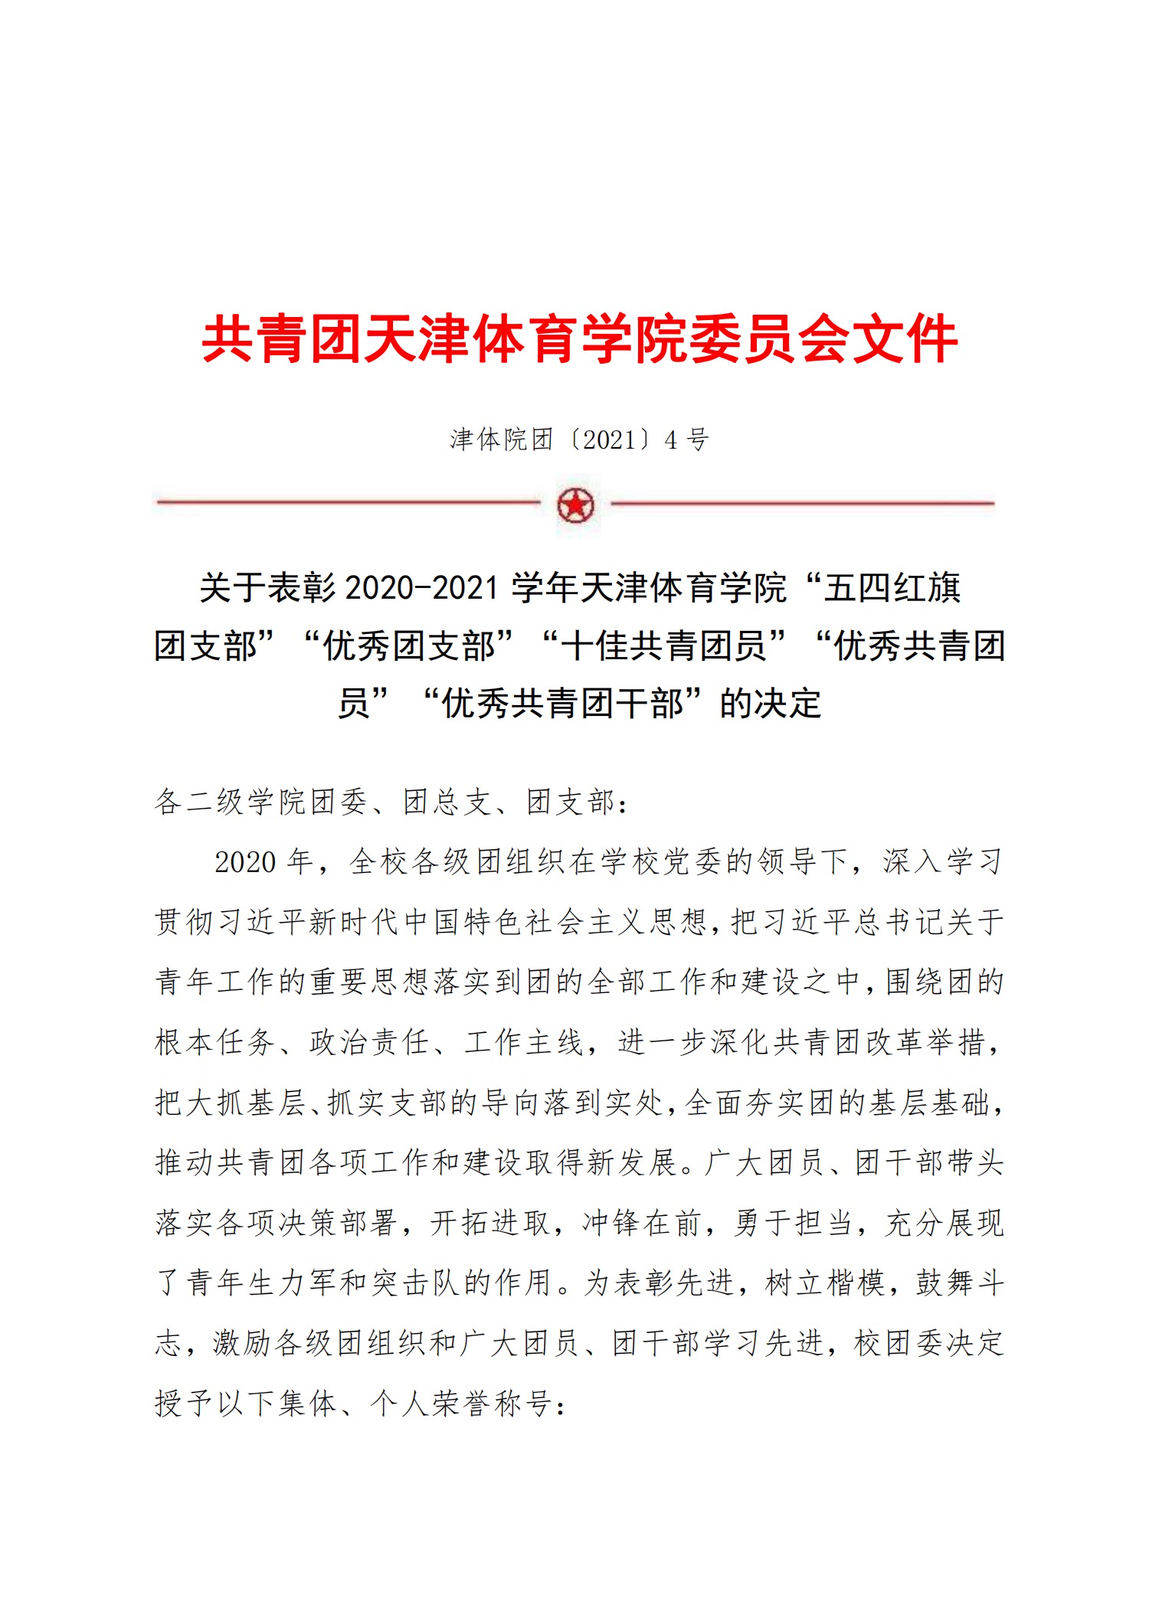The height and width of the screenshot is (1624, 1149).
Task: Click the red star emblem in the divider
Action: coord(575,505)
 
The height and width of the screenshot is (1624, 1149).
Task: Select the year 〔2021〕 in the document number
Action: coord(610,440)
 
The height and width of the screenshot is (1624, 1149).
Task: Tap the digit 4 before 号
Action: coord(671,440)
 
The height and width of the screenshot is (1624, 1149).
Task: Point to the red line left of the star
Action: coord(349,503)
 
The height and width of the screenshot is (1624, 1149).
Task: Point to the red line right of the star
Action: coord(802,504)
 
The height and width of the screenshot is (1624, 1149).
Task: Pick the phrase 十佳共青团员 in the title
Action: coord(663,645)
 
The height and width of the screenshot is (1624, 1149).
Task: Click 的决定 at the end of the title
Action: coord(770,704)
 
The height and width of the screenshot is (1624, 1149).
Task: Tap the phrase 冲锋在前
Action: coord(642,1223)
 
